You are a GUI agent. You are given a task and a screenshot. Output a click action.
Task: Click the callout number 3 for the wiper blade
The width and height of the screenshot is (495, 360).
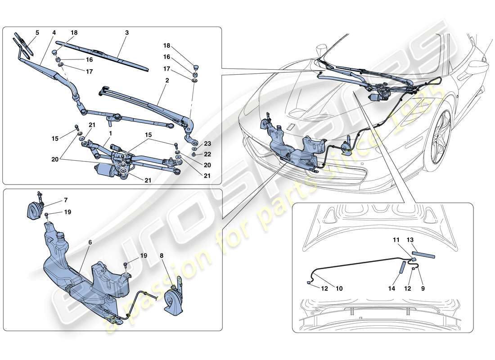(x=127, y=33)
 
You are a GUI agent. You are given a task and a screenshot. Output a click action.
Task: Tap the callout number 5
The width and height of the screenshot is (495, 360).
(x=37, y=32)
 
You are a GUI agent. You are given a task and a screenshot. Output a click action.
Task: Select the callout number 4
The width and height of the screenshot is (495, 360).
(x=54, y=33)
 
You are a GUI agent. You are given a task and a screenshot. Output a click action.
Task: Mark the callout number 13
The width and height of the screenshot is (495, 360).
(x=410, y=240)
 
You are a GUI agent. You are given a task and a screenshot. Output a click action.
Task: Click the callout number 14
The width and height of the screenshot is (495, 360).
(x=392, y=288)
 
